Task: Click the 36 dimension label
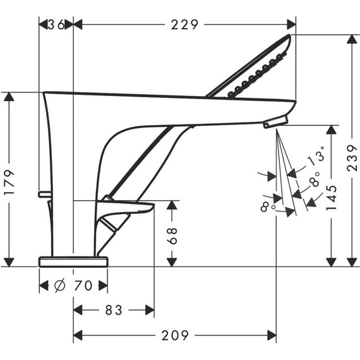coord(56,25)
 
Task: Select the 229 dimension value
coord(185,25)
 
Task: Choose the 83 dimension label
coord(114,310)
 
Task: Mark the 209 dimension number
coord(175,335)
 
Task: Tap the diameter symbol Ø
coord(59,286)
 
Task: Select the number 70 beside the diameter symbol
coord(83,286)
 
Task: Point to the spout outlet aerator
coord(275,121)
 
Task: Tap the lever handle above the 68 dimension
coord(129,207)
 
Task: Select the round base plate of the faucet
coord(73,261)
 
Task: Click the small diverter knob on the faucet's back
coord(43,194)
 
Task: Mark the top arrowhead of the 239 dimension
coord(351,40)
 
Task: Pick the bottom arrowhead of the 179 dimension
coord(9,261)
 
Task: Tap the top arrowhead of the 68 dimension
coord(172,206)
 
